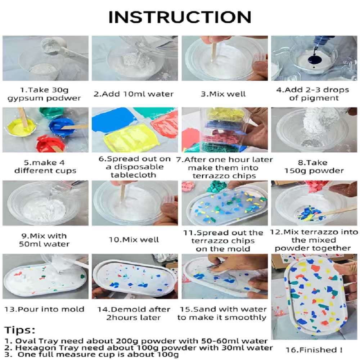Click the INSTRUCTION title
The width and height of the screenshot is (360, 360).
pyautogui.click(x=180, y=17)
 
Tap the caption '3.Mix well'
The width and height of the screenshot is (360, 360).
pyautogui.click(x=223, y=94)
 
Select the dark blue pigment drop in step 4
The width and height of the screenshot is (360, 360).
pyautogui.click(x=315, y=60)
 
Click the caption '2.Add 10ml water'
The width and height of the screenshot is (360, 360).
pyautogui.click(x=134, y=94)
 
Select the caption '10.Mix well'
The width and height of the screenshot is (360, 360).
pyautogui.click(x=134, y=240)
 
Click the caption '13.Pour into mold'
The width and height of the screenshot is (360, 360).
pyautogui.click(x=44, y=309)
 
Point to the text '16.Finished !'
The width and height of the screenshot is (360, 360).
pyautogui.click(x=314, y=350)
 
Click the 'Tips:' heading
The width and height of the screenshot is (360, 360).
pyautogui.click(x=20, y=330)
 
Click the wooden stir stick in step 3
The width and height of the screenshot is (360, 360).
pyautogui.click(x=214, y=51)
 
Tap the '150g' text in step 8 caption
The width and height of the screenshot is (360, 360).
pyautogui.click(x=295, y=171)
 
